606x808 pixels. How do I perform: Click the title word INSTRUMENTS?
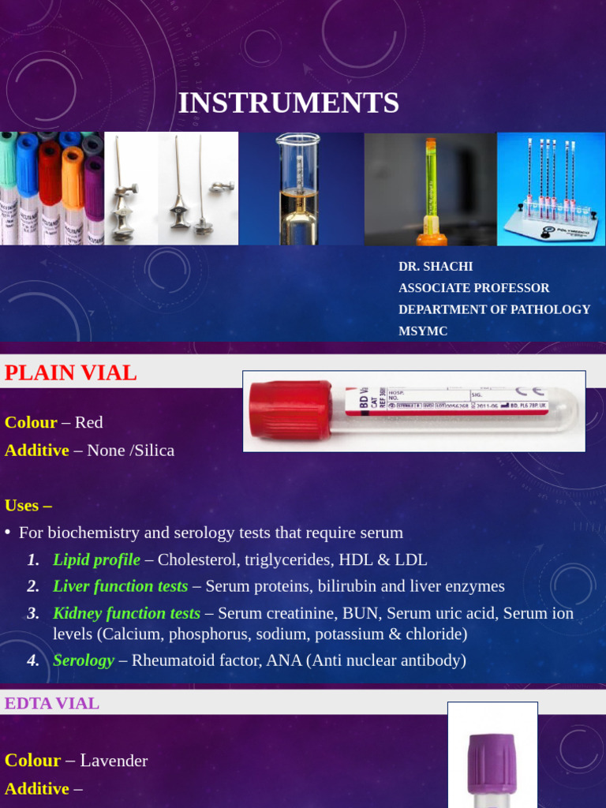tap(288, 103)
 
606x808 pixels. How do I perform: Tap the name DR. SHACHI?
tap(436, 267)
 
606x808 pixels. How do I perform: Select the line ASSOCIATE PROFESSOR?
tap(473, 288)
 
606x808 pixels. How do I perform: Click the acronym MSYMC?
tap(423, 331)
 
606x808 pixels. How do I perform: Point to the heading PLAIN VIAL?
tap(71, 373)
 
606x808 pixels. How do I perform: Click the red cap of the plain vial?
tap(290, 410)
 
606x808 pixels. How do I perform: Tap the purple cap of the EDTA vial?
tap(492, 763)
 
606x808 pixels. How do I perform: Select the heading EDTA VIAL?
tap(52, 703)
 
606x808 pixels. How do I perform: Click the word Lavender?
tap(114, 761)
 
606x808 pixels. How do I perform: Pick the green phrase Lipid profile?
tap(96, 560)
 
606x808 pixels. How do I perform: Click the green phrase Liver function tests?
tap(120, 586)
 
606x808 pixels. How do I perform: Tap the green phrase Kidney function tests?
tap(126, 613)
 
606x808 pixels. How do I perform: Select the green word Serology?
tap(84, 660)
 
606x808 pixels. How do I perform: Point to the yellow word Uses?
tap(23, 505)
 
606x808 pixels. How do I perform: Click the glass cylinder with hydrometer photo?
tap(301, 189)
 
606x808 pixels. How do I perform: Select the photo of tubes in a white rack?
tap(551, 189)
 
